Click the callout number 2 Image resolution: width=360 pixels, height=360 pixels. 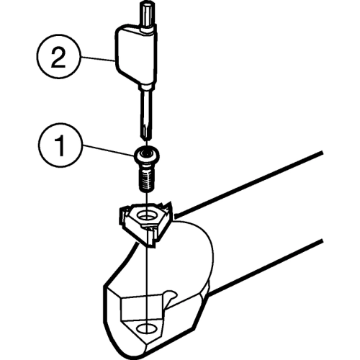[58, 57]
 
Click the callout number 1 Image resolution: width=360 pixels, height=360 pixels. [59, 145]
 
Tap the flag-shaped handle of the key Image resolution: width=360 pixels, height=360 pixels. [135, 55]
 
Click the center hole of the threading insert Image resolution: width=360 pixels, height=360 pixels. [146, 215]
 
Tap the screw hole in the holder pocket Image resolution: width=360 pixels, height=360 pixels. [146, 328]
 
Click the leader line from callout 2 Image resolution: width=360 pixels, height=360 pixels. [98, 59]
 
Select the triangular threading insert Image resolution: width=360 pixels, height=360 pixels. [146, 222]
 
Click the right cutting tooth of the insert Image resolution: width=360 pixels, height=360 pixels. [168, 208]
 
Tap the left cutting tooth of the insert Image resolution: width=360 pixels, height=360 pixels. [123, 215]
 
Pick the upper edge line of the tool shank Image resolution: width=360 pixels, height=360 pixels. [248, 184]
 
